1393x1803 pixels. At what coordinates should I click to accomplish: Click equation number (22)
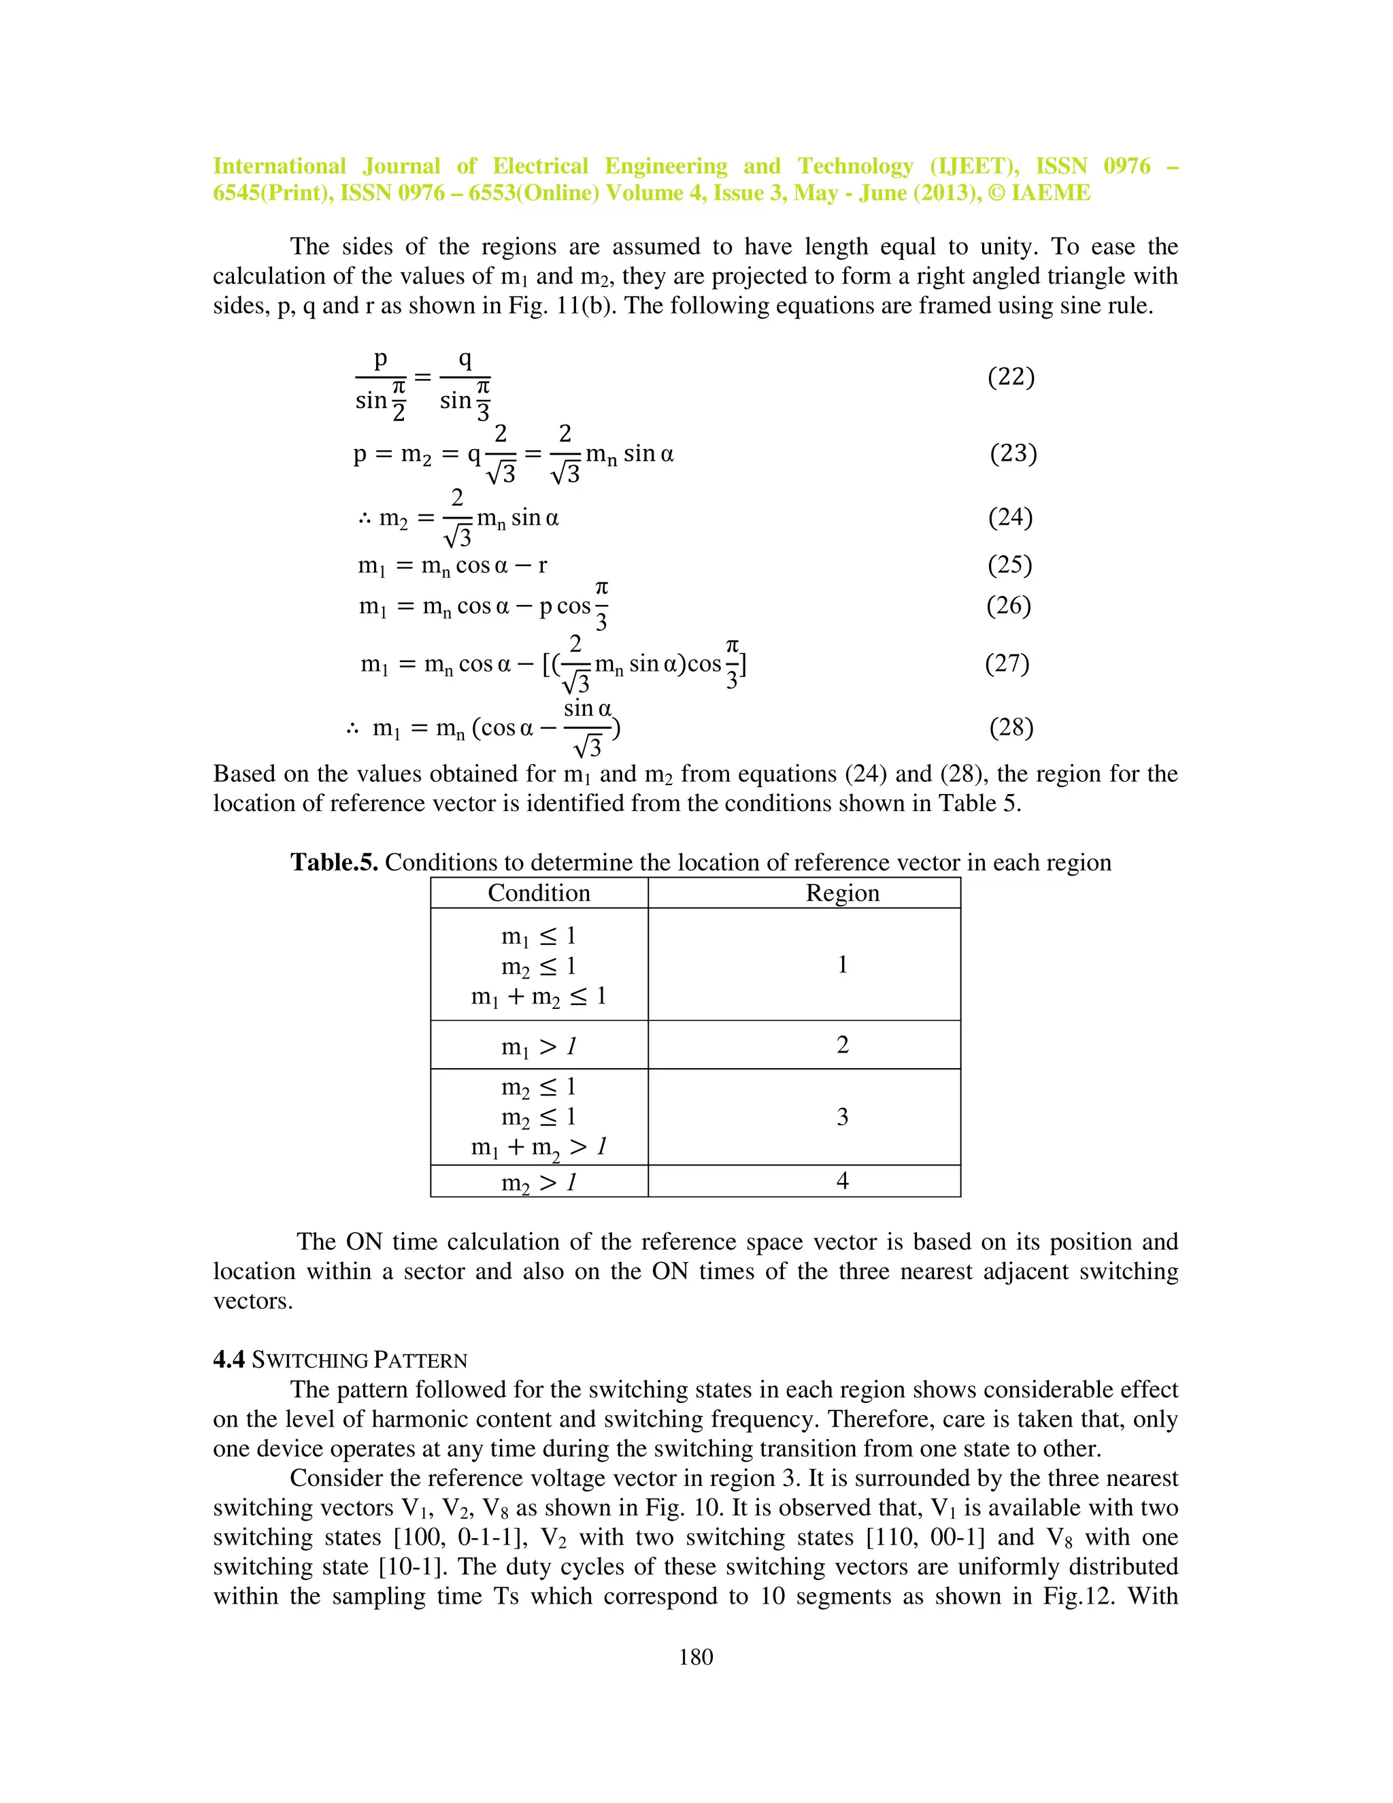point(1011,378)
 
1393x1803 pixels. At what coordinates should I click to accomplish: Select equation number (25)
point(1010,565)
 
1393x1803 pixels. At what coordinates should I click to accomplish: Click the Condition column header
point(539,893)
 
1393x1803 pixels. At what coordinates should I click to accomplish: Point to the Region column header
point(843,893)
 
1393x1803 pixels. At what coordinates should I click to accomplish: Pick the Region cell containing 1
point(843,964)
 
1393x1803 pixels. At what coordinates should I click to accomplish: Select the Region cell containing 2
point(843,1045)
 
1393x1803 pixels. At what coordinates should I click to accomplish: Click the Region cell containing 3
point(843,1117)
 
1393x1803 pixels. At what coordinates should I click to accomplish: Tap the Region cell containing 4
point(843,1181)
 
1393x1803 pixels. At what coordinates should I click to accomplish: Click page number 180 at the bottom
point(696,1657)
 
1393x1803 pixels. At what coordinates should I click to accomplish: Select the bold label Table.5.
point(333,863)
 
